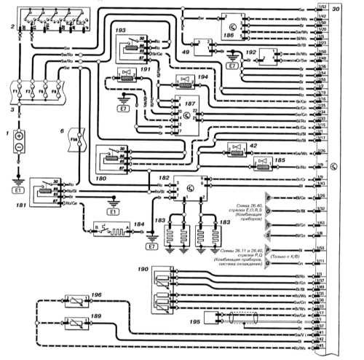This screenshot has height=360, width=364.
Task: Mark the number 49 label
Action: coord(186,52)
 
